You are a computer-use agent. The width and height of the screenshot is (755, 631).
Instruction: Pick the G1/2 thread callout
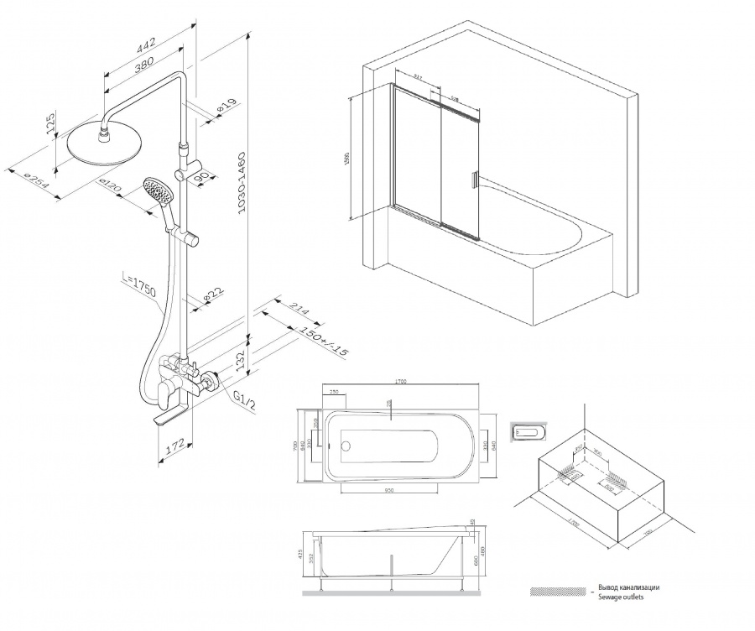(241, 394)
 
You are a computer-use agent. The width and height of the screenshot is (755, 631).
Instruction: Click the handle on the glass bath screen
(474, 179)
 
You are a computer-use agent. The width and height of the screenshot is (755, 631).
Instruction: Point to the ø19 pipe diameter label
(223, 107)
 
